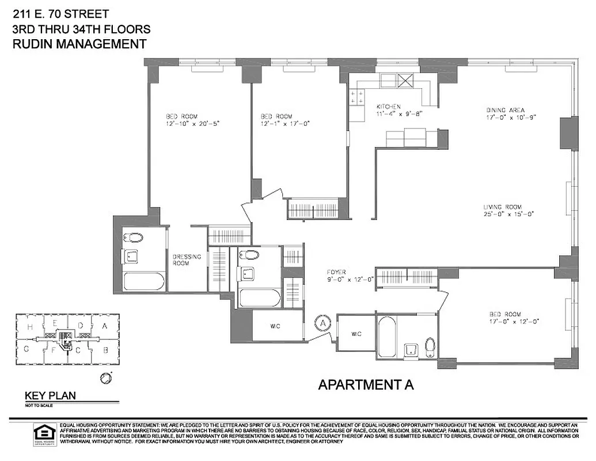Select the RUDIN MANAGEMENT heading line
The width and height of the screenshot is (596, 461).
tap(79, 44)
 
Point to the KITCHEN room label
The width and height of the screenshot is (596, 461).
tap(388, 107)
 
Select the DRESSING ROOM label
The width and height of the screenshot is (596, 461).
tap(187, 260)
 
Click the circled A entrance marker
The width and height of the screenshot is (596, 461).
tap(323, 324)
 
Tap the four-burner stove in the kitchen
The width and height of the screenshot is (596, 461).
tap(356, 97)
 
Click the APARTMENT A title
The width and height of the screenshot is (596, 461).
tap(366, 385)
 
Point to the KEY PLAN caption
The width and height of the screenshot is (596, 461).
tap(50, 396)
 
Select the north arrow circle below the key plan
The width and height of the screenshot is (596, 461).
tap(105, 379)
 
